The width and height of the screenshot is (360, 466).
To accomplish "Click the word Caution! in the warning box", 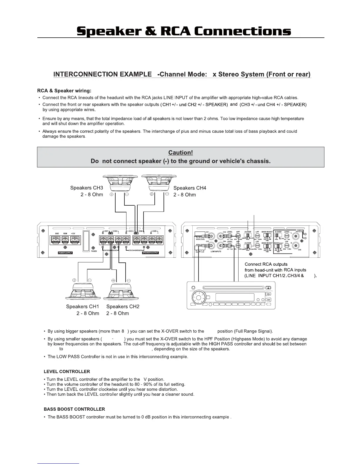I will [x=180, y=152].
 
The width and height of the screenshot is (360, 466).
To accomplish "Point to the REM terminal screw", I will [x=65, y=240].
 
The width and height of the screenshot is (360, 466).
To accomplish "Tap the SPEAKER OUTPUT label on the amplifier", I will [x=150, y=253].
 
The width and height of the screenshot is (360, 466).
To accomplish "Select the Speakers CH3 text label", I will [x=86, y=188].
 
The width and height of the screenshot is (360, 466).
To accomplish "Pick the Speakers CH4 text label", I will [x=190, y=188].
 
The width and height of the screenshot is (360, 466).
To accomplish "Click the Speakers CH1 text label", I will [x=82, y=306].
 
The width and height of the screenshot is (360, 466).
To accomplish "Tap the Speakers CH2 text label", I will [x=123, y=306].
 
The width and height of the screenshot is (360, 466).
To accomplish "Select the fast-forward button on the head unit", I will [x=268, y=294].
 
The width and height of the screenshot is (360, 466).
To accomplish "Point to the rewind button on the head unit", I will [x=268, y=299].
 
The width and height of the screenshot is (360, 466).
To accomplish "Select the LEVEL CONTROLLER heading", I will [x=67, y=371].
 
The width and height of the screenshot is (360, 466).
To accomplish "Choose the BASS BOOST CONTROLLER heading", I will [x=74, y=409].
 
